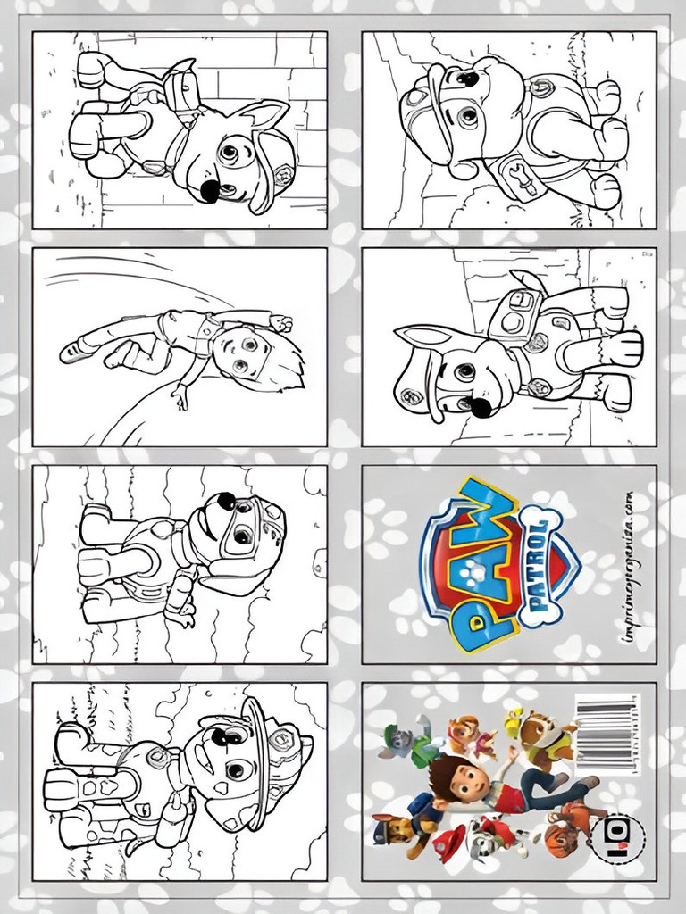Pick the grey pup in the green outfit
pos(399,740)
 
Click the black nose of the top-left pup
pos(209,191)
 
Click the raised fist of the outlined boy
pos(282,323)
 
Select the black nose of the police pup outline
pos(481,407)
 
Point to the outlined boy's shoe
pos(74,351)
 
